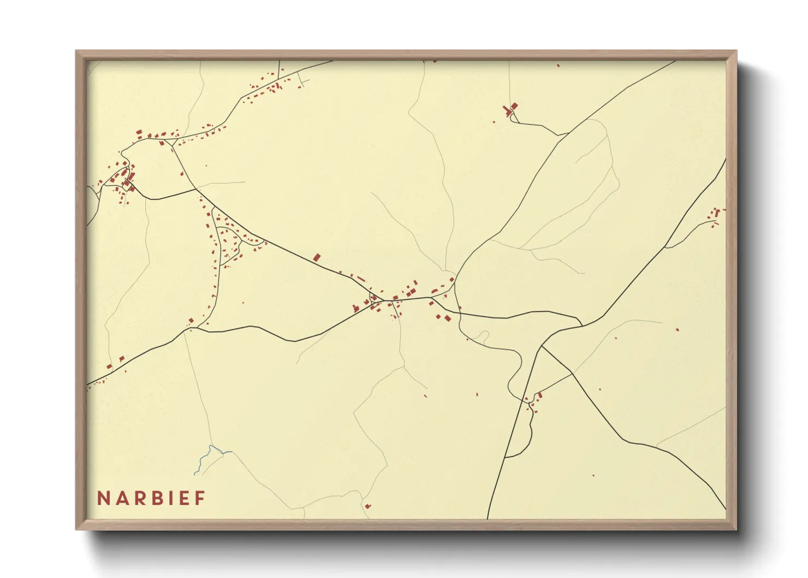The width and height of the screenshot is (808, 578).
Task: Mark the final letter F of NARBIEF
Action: (x=200, y=498)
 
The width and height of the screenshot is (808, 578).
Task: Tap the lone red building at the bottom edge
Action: (x=367, y=506)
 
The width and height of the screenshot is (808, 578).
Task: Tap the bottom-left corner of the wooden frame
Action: (x=77, y=529)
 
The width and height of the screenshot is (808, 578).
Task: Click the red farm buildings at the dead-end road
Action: (x=512, y=110)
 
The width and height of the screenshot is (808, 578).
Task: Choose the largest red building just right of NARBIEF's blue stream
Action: (x=367, y=506)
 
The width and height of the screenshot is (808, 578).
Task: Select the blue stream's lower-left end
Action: (x=195, y=473)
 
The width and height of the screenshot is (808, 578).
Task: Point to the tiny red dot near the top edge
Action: (x=558, y=66)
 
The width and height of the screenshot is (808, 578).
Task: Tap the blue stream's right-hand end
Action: (x=231, y=452)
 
